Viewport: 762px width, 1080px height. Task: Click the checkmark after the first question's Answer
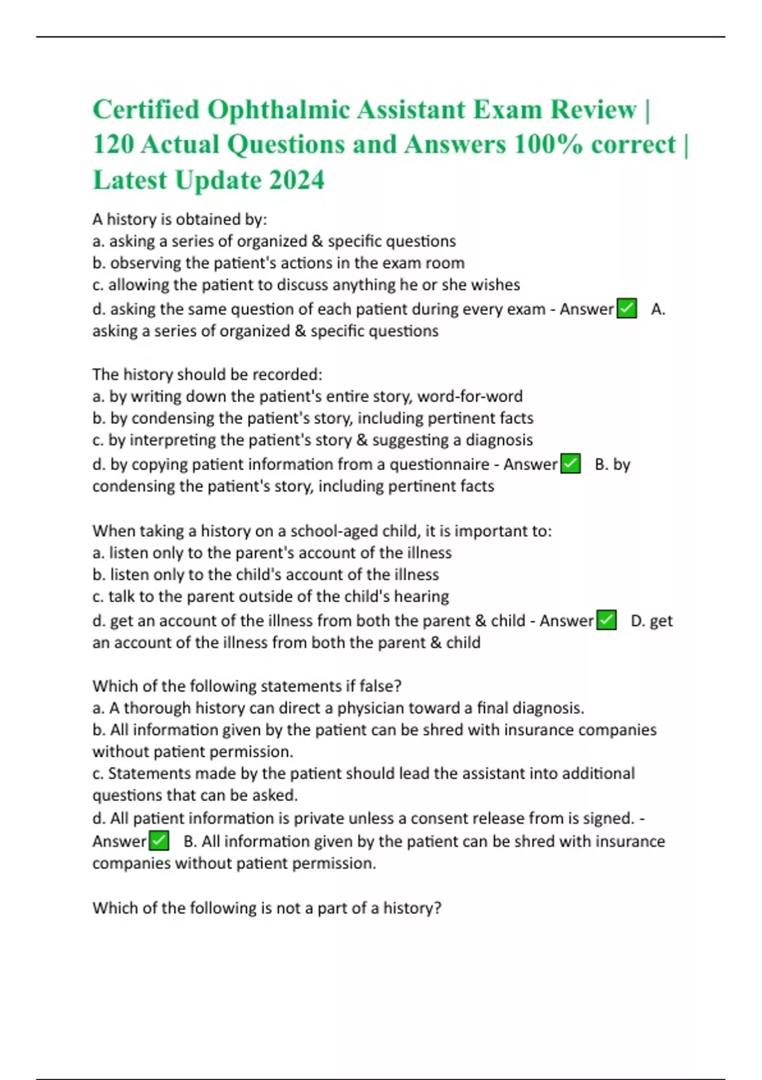627,309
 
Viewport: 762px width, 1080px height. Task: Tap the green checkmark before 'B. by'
571,464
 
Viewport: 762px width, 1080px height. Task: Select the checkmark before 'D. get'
606,621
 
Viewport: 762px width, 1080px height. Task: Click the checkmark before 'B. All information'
159,841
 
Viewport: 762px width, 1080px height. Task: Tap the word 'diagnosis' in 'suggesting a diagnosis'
499,440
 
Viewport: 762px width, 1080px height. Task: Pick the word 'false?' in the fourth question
380,686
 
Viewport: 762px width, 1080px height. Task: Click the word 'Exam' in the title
505,110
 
